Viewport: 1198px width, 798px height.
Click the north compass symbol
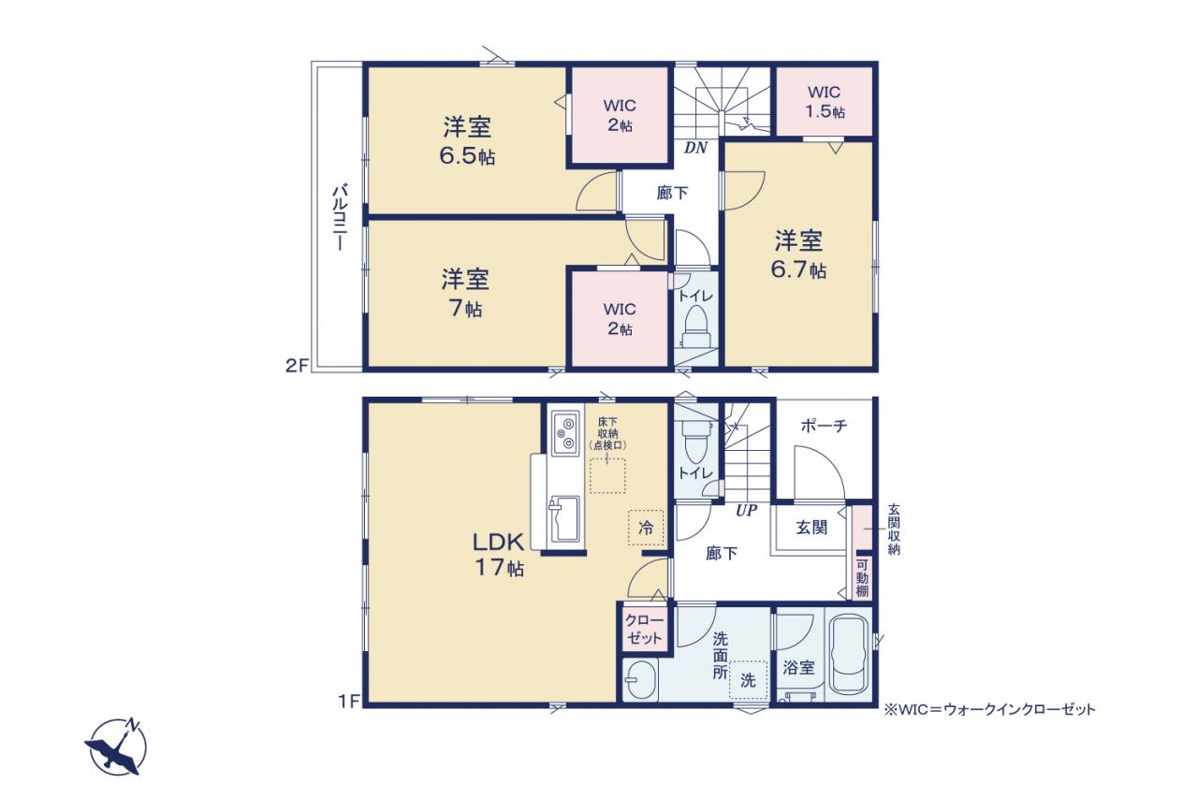tap(115, 747)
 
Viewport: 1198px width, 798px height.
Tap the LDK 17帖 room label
tap(499, 555)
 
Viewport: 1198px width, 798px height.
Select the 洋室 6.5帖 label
tap(467, 141)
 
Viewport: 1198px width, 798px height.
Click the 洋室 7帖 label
tap(465, 294)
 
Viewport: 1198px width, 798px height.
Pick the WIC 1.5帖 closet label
tap(825, 102)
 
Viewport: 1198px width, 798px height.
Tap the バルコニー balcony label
tap(340, 217)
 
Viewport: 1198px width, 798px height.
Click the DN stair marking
tap(695, 148)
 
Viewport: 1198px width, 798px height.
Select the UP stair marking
tap(746, 511)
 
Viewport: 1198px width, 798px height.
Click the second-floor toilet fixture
tap(695, 326)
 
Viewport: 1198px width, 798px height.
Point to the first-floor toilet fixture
tap(695, 441)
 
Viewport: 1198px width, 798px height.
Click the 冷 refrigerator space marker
tap(646, 528)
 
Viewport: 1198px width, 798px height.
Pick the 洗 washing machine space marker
tap(748, 680)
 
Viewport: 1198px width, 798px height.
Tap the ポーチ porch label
tap(824, 426)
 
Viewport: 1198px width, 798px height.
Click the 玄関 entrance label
tap(811, 528)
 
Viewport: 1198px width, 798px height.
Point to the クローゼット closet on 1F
tap(645, 629)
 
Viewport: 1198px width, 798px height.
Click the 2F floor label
tap(298, 366)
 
